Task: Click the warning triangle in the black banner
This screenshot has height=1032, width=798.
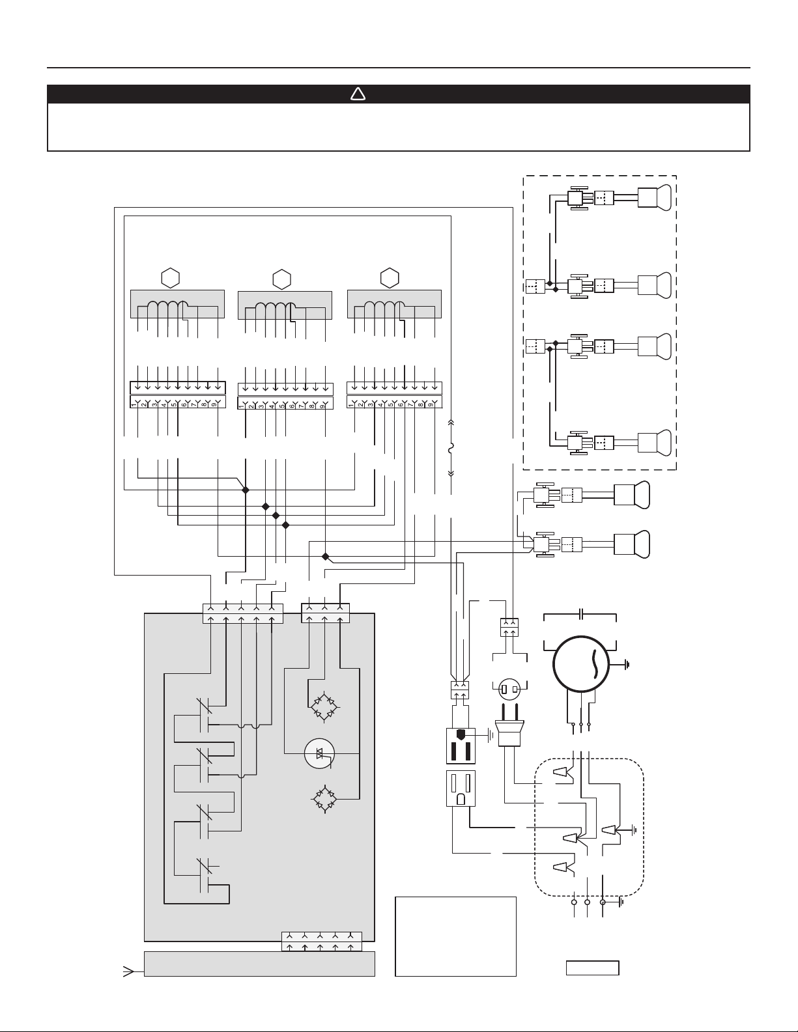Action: pyautogui.click(x=358, y=94)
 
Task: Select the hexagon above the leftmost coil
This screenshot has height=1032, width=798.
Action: pyautogui.click(x=171, y=278)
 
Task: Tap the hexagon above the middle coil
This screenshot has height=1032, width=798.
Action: pyautogui.click(x=281, y=279)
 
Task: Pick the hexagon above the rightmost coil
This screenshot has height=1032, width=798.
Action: pyautogui.click(x=390, y=278)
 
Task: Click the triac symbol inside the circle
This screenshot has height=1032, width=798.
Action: pyautogui.click(x=320, y=753)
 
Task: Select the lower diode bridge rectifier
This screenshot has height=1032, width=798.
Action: pyautogui.click(x=324, y=800)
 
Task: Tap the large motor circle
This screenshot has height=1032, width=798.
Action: pyautogui.click(x=581, y=664)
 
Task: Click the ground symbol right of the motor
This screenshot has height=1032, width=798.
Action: pyautogui.click(x=627, y=664)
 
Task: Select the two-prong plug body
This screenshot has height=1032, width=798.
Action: pyautogui.click(x=509, y=733)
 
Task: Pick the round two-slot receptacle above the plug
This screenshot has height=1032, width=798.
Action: pyautogui.click(x=509, y=689)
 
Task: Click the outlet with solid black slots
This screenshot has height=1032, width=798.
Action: pyautogui.click(x=461, y=746)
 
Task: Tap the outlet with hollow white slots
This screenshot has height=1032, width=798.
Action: pyautogui.click(x=461, y=788)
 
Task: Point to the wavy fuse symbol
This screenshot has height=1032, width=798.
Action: pyautogui.click(x=451, y=447)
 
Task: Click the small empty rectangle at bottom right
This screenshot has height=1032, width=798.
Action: pyautogui.click(x=592, y=968)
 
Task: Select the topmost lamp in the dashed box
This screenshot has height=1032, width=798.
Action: pyautogui.click(x=655, y=197)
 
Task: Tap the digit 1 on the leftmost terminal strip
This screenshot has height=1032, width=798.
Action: pyautogui.click(x=134, y=404)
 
